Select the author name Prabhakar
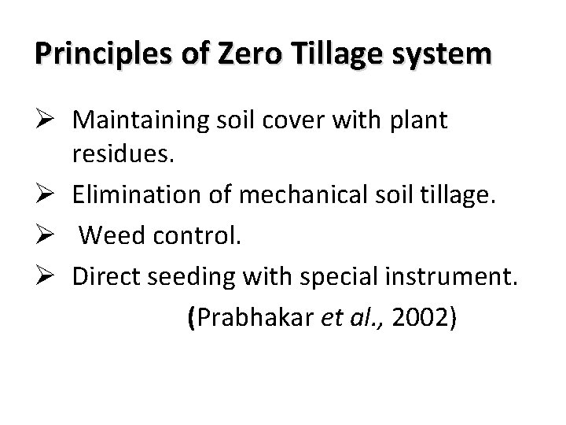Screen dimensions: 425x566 244,317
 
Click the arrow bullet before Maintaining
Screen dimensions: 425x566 44,121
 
